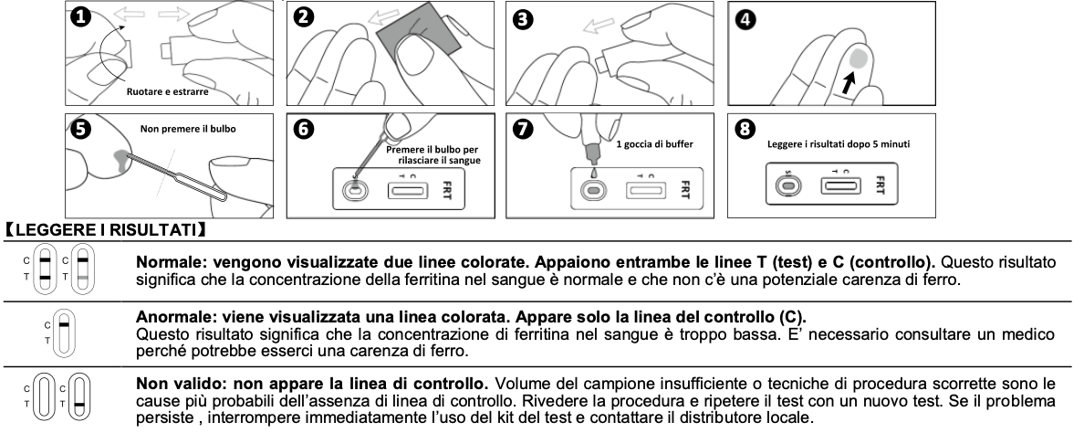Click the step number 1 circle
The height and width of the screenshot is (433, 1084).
click(81, 16)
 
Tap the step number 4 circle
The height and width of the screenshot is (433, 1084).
click(745, 19)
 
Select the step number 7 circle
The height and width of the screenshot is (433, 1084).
click(524, 129)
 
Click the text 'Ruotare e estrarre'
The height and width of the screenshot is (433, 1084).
click(167, 91)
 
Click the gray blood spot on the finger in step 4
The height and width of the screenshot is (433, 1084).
click(858, 58)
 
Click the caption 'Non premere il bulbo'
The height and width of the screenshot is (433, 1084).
click(188, 129)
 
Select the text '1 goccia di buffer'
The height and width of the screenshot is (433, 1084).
click(654, 143)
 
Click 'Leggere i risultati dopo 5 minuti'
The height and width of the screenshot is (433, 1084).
click(839, 143)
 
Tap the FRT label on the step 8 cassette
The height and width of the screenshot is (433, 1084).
click(880, 185)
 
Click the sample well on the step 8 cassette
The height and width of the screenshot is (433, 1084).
click(788, 185)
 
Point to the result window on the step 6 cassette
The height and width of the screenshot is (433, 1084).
click(407, 189)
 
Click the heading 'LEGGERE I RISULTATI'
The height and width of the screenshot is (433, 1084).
click(106, 229)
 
